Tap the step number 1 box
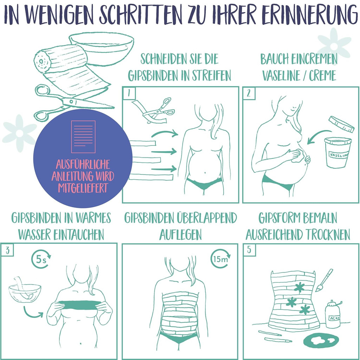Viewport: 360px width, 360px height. tap(129, 93)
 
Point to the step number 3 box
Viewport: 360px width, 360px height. tap(7, 250)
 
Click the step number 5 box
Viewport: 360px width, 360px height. tap(249, 250)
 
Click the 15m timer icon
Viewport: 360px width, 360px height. tap(220, 259)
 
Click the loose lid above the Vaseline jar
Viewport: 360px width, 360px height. tap(341, 124)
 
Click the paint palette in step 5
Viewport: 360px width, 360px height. tap(321, 340)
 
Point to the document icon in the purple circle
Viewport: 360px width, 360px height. tap(83, 137)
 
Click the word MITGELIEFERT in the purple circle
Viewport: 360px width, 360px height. tap(83, 188)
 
